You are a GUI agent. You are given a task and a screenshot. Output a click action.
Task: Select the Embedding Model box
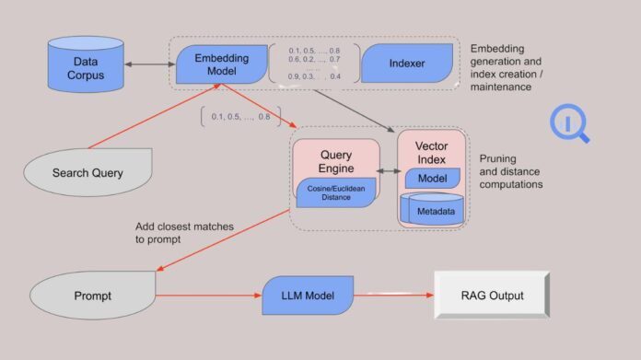coord(221,64)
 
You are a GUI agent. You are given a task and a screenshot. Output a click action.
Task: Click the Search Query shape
coord(87,173)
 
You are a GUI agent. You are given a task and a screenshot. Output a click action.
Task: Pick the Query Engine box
coord(335,158)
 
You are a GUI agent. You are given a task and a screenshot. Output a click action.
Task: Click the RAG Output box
coord(492,296)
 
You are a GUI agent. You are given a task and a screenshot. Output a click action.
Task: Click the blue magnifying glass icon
coord(568,125)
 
